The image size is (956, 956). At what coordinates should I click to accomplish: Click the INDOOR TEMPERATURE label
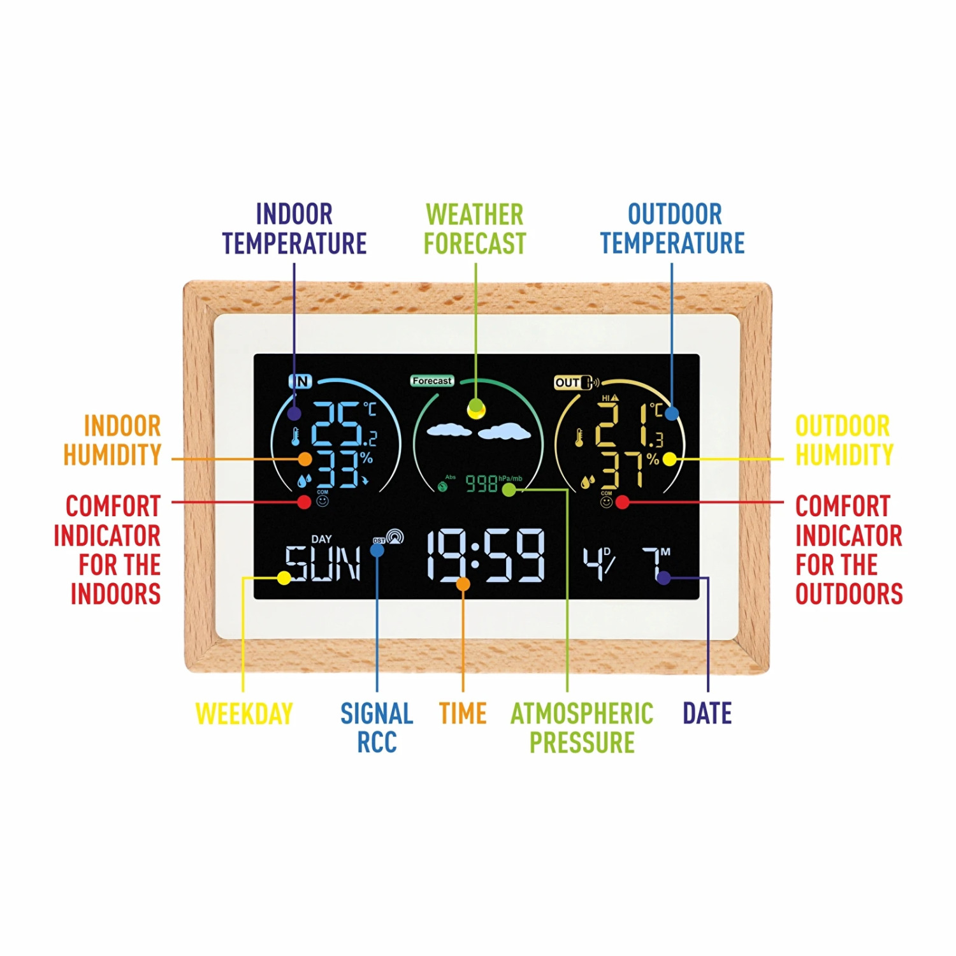(294, 228)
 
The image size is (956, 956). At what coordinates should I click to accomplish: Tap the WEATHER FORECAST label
(475, 228)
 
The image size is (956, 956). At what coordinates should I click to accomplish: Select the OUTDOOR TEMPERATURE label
(672, 228)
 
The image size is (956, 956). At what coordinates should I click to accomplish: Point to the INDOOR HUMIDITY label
(113, 440)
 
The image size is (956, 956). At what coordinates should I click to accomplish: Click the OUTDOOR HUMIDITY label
(843, 440)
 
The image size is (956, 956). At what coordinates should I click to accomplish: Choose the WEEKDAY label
(244, 713)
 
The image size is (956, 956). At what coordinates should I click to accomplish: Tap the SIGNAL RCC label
(377, 727)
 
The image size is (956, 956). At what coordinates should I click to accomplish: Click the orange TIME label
(463, 713)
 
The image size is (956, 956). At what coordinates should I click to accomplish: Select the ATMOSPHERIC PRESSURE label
(582, 727)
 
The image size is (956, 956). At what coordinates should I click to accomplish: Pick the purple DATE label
(707, 713)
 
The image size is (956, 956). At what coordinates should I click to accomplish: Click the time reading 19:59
(486, 556)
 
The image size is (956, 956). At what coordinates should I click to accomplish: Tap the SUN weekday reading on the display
(322, 563)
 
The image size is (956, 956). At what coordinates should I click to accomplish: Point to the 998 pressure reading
(481, 484)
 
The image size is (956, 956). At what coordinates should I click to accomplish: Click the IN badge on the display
(300, 381)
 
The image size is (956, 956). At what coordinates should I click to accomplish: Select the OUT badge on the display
(567, 382)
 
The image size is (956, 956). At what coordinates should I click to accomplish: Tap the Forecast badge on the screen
(431, 380)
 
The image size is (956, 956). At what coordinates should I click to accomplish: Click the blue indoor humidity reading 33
(338, 470)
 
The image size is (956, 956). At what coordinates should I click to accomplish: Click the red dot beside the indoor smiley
(304, 502)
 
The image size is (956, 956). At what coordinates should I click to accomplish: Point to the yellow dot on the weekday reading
(284, 578)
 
